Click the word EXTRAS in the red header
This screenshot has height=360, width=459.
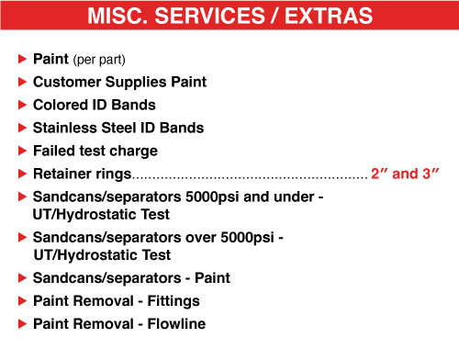pos(329,16)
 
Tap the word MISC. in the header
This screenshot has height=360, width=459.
pos(118,16)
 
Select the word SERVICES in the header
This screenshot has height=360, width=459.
pos(209,16)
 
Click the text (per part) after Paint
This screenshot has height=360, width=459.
pos(99,60)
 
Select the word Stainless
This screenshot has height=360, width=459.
pos(65,128)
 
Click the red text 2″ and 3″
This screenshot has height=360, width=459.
pos(405,174)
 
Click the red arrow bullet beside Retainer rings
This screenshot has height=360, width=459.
pos(22,174)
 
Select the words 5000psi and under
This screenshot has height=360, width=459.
pos(250,197)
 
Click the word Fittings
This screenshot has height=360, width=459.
pos(174,301)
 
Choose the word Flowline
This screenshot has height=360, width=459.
pos(176,323)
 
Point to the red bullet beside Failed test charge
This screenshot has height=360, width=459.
pos(22,151)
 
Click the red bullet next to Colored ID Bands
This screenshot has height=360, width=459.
pos(22,105)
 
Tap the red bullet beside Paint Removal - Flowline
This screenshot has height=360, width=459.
pos(22,323)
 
